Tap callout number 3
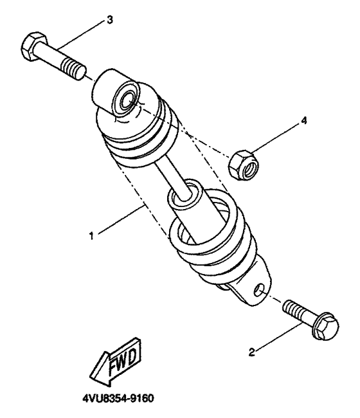click(x=110, y=20)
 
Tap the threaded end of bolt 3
click(x=74, y=66)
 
